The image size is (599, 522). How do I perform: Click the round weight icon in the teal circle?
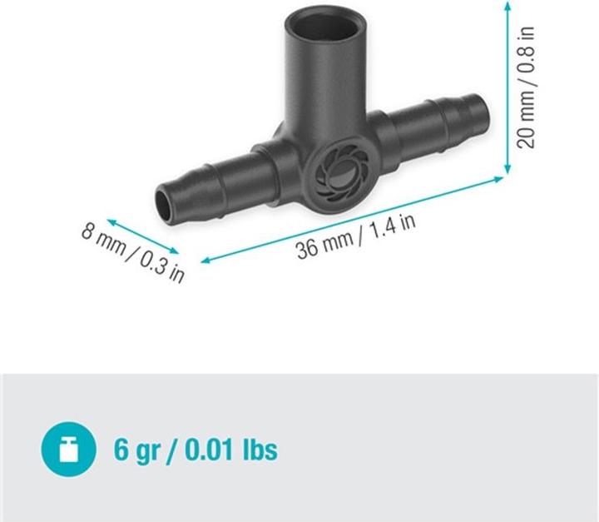coord(68,449)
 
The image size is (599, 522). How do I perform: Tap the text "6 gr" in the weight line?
coord(136,450)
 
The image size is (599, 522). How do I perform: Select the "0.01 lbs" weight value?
coord(231,449)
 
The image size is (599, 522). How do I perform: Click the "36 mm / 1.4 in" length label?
coord(356,236)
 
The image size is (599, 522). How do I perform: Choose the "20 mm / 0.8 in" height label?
coord(526,87)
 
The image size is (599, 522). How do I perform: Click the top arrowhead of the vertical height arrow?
coord(507,5)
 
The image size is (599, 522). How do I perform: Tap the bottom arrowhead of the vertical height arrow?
coord(507,169)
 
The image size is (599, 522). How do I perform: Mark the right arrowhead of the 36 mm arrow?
coord(499,179)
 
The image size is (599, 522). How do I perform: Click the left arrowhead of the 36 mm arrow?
coord(205,261)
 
